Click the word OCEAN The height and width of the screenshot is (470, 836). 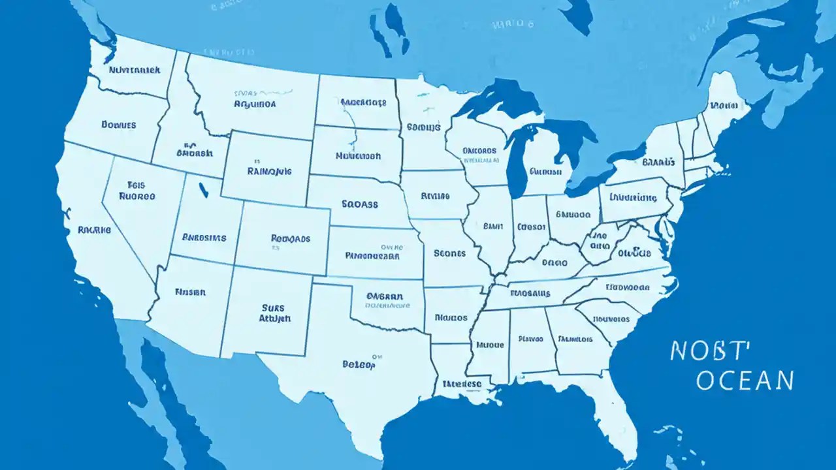745,380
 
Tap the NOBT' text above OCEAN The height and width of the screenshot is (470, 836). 707,351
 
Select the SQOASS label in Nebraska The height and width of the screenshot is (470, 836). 360,204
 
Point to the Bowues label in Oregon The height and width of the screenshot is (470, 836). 119,124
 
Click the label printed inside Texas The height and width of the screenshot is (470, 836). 359,365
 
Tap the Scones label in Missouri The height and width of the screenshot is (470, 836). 449,253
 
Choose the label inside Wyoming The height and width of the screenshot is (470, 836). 269,171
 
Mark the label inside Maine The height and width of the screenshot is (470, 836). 723,104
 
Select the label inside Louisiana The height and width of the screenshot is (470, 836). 462,384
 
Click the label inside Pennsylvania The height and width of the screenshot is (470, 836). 633,196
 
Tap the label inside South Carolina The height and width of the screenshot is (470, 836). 612,319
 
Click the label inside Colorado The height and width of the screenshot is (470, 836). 290,239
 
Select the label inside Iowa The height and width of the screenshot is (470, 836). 435,195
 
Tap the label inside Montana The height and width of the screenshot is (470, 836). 255,103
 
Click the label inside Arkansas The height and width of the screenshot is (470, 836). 451,318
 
